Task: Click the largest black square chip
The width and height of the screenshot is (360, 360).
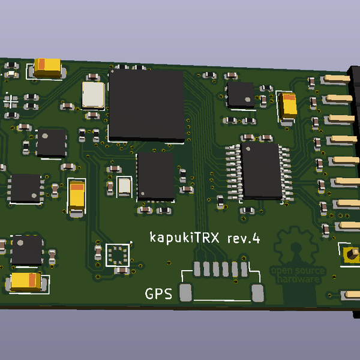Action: pos(146,105)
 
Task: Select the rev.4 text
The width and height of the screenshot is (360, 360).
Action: pos(244,238)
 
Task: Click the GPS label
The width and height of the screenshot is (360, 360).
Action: pos(158,294)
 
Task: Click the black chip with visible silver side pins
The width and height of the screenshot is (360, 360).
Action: pos(262,171)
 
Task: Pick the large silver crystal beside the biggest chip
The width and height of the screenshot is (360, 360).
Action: pos(93,95)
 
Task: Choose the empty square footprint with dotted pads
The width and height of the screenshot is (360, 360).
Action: pos(117,254)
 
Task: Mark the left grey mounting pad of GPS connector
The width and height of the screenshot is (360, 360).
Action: pos(186,293)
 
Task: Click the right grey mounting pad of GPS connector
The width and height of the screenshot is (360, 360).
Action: pos(258,293)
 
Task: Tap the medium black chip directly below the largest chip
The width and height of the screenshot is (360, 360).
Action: pos(155,175)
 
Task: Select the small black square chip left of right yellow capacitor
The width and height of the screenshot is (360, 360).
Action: pos(241,95)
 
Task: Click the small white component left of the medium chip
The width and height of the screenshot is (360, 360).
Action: pos(125,186)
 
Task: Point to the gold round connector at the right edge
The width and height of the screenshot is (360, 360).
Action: pos(350,256)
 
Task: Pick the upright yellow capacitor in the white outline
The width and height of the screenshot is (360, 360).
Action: pos(77,197)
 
